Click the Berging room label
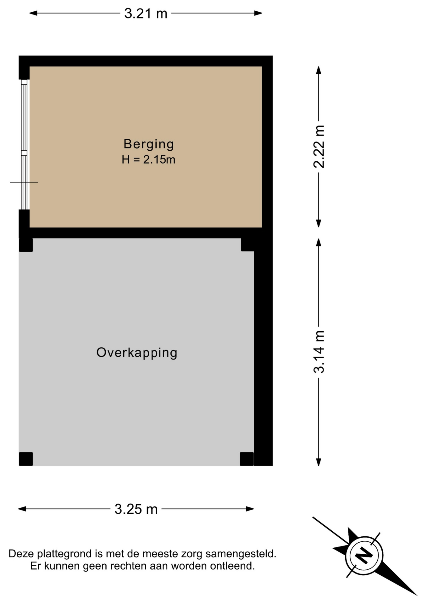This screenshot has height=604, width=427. (148, 144)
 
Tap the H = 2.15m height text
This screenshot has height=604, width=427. (148, 160)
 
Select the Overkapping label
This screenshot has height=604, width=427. (137, 353)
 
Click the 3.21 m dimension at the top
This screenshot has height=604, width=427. (146, 14)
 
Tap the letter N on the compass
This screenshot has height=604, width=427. (364, 556)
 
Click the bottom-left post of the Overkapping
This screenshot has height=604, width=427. (26, 459)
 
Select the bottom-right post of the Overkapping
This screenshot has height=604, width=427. (247, 459)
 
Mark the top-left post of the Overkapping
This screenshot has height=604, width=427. (26, 245)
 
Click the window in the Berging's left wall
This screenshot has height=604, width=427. (24, 145)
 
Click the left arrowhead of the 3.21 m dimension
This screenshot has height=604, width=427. (33, 13)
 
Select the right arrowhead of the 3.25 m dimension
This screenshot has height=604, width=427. (250, 509)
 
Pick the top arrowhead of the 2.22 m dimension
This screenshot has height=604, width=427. (319, 70)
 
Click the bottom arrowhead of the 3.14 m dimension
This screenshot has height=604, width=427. (319, 462)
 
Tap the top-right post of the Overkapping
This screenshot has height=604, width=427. (247, 245)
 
